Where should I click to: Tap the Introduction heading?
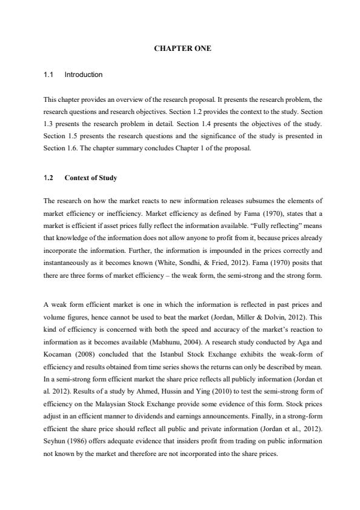84,75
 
